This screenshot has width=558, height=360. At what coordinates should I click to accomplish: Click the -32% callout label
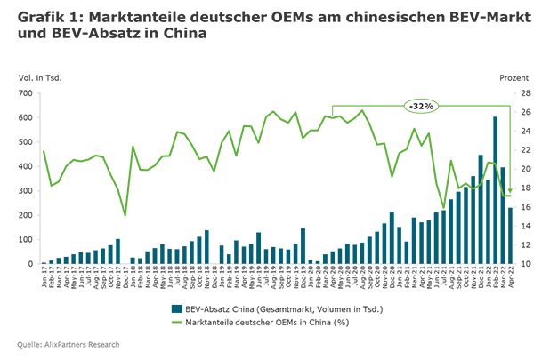(419, 106)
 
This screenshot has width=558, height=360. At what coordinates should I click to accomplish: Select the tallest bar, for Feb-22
(495, 190)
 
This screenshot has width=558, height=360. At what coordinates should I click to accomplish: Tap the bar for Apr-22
(510, 236)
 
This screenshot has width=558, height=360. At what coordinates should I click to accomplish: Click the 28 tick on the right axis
(526, 93)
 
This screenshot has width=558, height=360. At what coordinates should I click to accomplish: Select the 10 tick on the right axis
(526, 264)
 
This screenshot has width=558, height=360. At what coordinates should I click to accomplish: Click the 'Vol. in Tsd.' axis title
(39, 77)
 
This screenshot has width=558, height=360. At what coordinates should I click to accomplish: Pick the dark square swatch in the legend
(175, 307)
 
